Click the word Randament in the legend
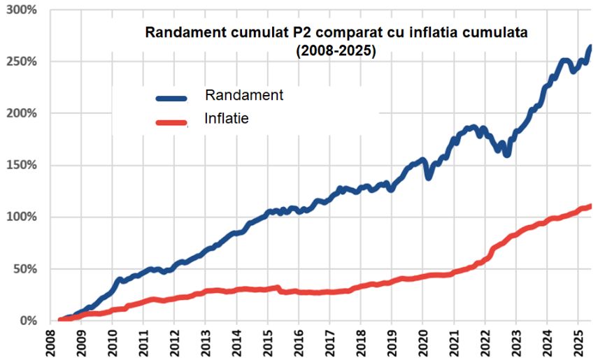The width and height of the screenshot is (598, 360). coord(244,95)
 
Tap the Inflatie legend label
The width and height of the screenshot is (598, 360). coord(227,119)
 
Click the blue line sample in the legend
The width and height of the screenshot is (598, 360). coord(168,99)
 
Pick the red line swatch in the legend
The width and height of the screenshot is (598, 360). coord(168,122)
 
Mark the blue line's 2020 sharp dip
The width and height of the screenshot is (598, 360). coord(429,178)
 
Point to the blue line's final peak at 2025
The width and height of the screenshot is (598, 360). coord(589,48)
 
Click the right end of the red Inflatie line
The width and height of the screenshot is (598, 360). coord(590,206)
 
